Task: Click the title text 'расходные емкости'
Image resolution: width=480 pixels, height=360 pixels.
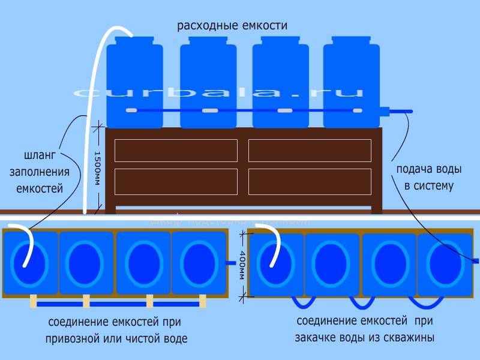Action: tap(232, 26)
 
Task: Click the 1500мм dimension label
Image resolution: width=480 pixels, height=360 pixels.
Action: tap(97, 167)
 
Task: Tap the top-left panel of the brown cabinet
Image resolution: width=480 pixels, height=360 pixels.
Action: tap(176, 151)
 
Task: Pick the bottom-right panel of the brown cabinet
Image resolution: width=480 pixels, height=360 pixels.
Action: tap(310, 180)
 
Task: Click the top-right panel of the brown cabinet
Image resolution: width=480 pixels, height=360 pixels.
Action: tap(310, 151)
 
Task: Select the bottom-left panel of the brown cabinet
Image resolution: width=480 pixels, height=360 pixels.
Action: tap(176, 180)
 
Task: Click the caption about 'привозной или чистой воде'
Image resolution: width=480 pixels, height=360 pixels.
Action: tap(116, 331)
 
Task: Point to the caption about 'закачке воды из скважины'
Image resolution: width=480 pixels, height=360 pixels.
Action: tap(365, 329)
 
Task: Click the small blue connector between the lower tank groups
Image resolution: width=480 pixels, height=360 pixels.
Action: tap(230, 263)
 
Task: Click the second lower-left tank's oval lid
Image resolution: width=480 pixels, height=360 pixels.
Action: tap(86, 263)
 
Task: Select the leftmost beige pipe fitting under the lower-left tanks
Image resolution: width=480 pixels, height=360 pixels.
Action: tap(33, 301)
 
